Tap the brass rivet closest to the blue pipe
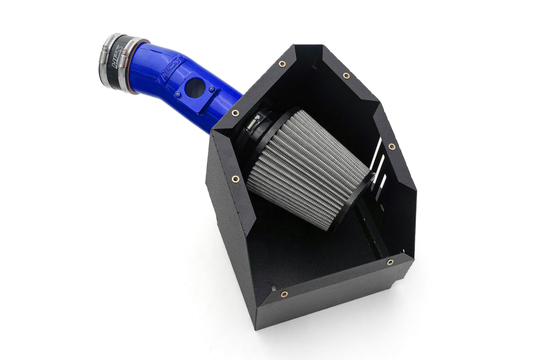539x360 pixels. point(235,113)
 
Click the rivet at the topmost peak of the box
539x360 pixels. point(282,64)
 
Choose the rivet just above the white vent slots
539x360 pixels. point(391,147)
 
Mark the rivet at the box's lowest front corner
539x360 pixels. point(284,294)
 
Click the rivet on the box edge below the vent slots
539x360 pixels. point(390,262)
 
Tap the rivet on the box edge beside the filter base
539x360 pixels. point(235,179)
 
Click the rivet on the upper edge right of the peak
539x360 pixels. point(346,76)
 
